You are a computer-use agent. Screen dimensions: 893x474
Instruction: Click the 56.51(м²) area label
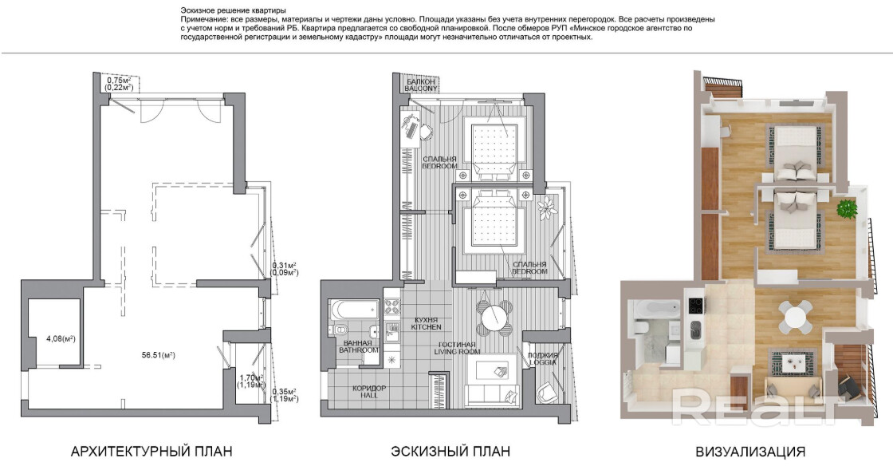[158, 355]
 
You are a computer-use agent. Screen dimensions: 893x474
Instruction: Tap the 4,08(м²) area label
[61, 339]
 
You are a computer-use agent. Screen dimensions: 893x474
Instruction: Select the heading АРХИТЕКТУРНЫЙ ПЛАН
[151, 452]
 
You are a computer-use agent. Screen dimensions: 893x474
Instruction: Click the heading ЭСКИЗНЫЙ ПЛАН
[450, 452]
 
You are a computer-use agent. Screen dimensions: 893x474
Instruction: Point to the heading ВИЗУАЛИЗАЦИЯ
[750, 452]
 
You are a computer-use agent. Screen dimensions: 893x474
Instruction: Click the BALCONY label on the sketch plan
[422, 89]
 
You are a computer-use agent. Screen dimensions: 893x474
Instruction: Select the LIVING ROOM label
[458, 352]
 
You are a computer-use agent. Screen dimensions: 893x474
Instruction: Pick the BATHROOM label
[359, 350]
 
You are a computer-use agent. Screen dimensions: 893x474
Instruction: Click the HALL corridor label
[369, 395]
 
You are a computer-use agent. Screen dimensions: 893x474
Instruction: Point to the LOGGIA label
[542, 362]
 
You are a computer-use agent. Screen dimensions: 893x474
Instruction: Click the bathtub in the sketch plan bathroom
[355, 310]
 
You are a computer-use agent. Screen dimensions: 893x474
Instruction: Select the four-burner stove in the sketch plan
[391, 307]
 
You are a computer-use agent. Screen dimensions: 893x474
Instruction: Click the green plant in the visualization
[846, 208]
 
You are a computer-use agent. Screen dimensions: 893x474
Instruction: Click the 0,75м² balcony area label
[120, 81]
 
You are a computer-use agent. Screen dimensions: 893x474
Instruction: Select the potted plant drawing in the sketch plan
[547, 207]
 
